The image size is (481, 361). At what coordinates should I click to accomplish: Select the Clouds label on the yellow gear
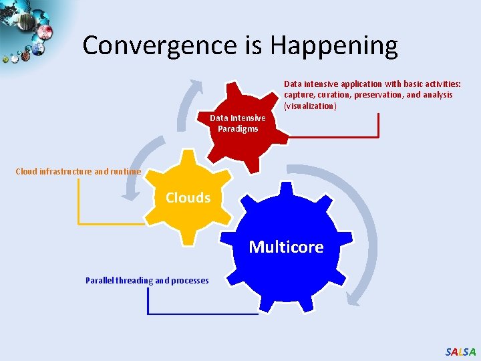pos(188,198)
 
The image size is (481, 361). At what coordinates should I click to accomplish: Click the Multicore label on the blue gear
pos(286,247)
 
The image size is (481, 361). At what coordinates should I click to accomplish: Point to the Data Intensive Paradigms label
pos(238,123)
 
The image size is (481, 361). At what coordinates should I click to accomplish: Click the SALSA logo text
pos(460,352)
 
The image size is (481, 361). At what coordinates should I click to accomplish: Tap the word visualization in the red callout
pos(310,106)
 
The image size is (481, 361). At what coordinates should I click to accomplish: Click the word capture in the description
pos(299,95)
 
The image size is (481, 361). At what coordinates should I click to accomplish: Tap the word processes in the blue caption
pos(190,281)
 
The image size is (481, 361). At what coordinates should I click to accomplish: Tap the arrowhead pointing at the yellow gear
pos(128,195)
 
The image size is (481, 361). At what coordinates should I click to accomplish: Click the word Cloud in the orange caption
pos(26,171)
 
